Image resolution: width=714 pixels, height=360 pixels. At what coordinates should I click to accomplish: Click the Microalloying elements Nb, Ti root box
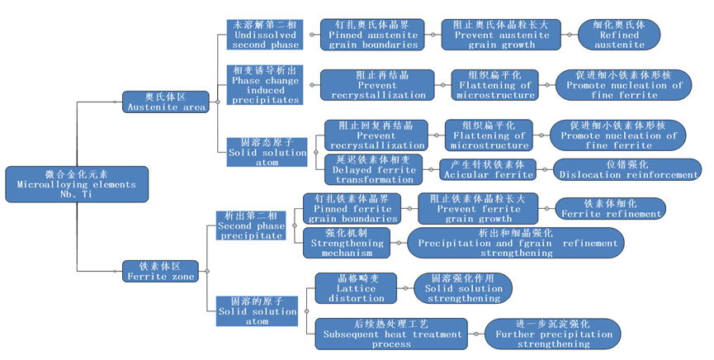coord(76,184)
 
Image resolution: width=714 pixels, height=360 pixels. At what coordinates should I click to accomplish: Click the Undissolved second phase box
coord(265,35)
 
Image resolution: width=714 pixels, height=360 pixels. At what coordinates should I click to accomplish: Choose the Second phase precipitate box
coord(251,225)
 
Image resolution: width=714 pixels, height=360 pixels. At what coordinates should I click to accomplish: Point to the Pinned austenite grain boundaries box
coord(372,35)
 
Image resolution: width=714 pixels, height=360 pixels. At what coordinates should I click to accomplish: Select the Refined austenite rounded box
coord(618,35)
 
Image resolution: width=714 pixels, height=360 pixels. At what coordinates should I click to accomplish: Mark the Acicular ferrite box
coord(488,169)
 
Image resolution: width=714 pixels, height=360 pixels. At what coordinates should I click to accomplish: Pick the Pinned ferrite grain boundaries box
coord(352,209)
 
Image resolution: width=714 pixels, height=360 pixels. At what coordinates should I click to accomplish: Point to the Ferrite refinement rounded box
coord(611,208)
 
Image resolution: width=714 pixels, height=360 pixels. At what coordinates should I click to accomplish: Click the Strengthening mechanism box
coord(352,243)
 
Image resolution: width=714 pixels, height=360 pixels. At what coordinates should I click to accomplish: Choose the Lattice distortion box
coord(356,287)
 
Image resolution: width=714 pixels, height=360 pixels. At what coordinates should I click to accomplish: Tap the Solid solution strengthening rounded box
coord(463,288)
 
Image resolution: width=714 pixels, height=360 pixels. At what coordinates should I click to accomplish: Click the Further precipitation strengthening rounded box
coord(554,334)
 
